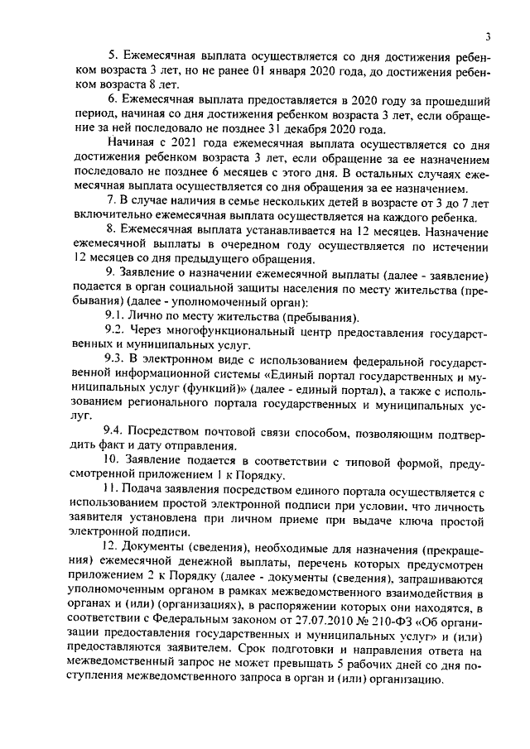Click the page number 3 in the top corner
coord(489,36)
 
